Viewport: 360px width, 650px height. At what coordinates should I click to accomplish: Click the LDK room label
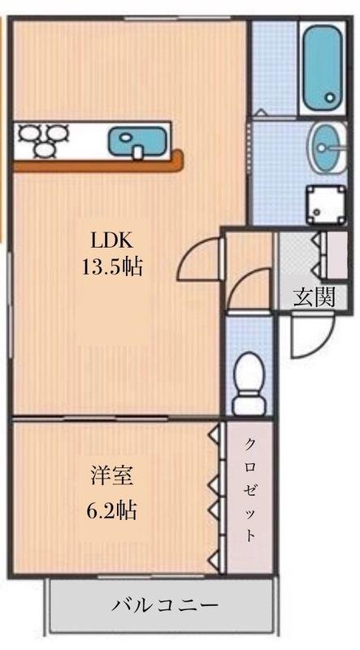112,240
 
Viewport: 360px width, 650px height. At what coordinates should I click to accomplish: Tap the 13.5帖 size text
112,267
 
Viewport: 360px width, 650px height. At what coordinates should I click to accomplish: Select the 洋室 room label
112,478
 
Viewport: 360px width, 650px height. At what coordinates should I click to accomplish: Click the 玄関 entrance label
314,297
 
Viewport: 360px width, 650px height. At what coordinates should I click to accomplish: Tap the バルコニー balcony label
164,606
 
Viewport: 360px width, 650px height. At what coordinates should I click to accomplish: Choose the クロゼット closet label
249,491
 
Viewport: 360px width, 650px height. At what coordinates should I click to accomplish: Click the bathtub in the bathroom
323,67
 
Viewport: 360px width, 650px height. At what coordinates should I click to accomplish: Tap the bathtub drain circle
330,97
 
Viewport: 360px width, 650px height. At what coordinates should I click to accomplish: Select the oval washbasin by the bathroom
327,148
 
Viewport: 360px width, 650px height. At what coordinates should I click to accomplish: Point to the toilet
249,383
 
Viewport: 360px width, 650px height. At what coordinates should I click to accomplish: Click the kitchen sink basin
137,141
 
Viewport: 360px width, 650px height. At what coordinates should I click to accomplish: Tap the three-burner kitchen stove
41,140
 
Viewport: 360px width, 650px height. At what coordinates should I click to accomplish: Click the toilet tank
249,403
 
